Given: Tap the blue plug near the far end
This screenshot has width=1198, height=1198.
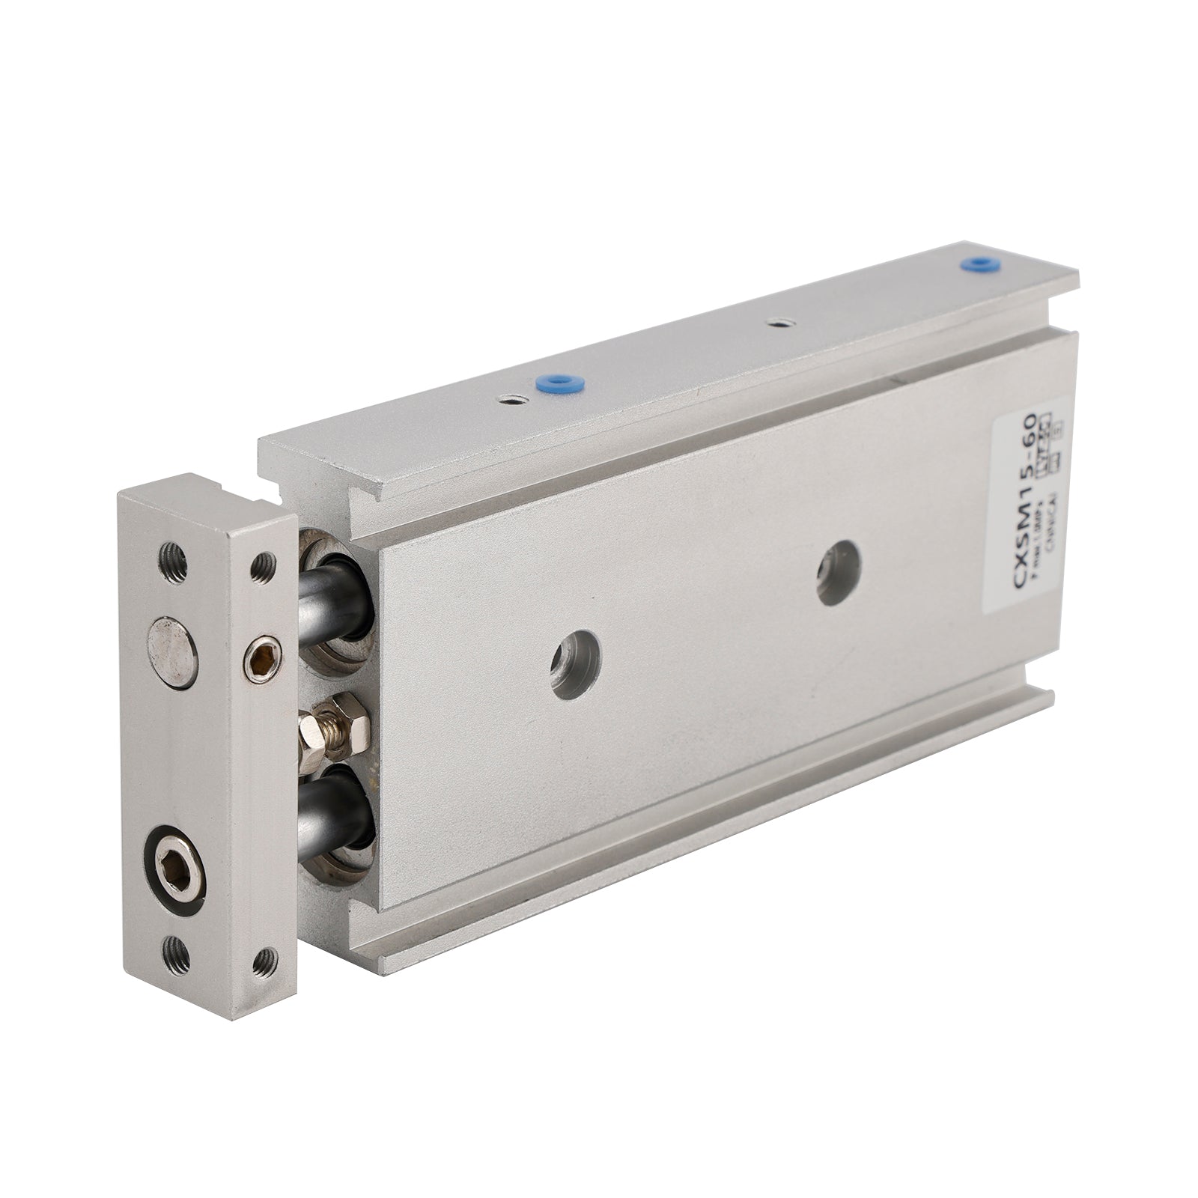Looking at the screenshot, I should click(974, 264).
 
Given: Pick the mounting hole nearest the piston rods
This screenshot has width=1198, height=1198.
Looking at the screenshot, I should click(575, 665).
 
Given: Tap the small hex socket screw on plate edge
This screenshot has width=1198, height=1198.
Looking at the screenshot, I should click(262, 657).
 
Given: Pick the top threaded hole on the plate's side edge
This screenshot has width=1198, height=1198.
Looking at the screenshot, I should click(261, 567).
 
